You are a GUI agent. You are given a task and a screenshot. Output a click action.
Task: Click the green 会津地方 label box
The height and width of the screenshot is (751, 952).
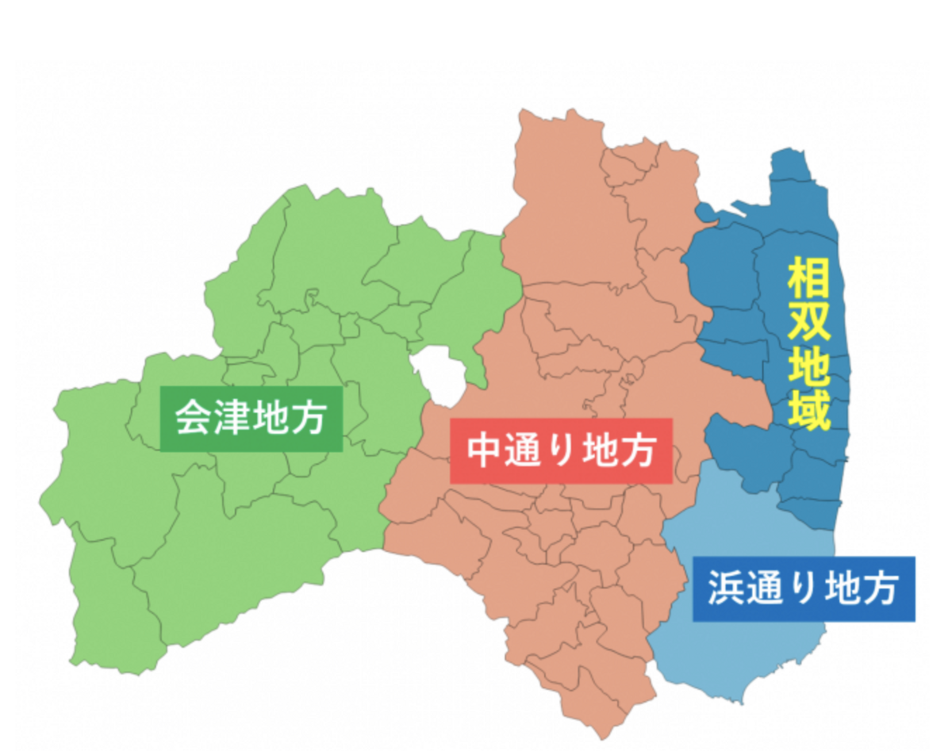(251, 419)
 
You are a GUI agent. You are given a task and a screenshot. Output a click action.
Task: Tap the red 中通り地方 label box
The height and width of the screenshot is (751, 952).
(561, 451)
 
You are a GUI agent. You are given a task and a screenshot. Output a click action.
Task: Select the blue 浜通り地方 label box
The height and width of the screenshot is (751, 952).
(803, 589)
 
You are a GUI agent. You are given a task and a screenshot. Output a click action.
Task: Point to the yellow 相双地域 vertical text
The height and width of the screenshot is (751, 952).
(808, 344)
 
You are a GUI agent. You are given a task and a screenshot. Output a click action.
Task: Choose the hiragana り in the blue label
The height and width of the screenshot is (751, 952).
(803, 589)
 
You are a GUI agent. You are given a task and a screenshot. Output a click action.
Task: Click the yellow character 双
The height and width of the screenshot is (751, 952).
(808, 324)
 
